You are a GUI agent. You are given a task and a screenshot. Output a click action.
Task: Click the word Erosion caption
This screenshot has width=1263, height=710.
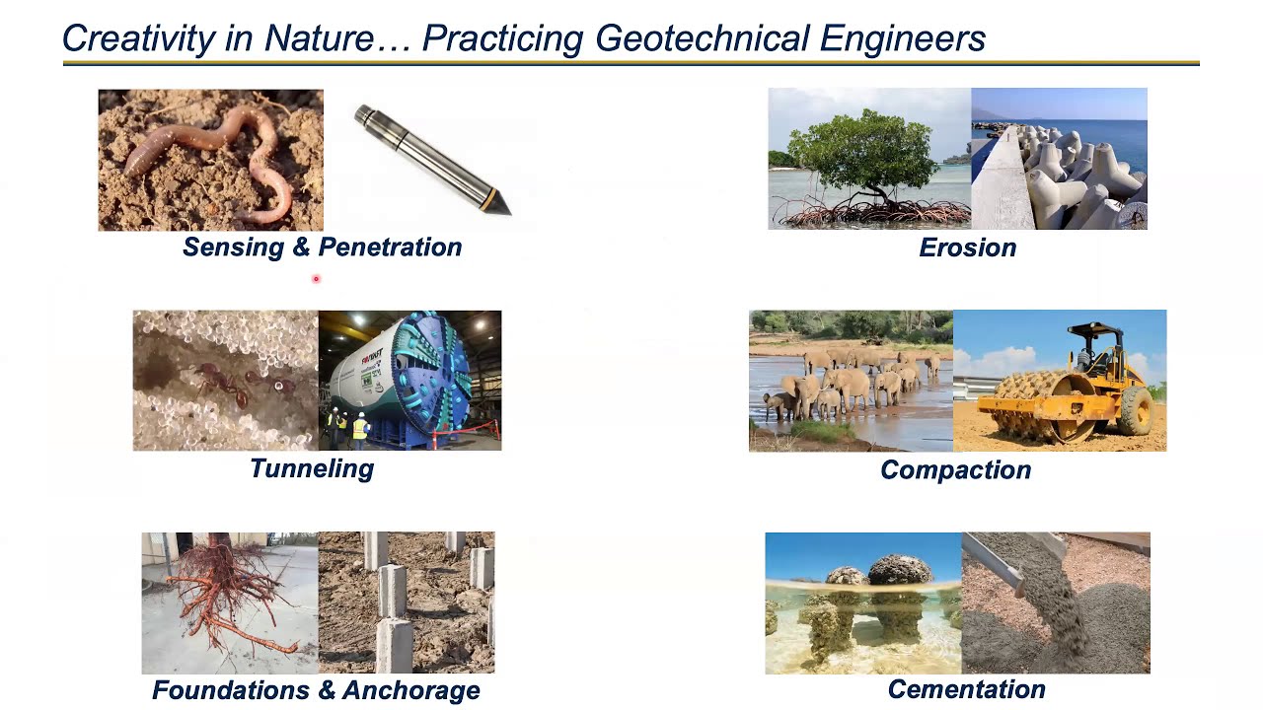[x=967, y=248]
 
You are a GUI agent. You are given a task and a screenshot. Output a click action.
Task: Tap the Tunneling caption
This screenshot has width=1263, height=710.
[x=312, y=468]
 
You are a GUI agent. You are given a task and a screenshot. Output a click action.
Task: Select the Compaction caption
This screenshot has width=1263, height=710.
[x=955, y=469]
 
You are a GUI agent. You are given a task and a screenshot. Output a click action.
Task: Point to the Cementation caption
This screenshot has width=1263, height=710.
[x=966, y=689]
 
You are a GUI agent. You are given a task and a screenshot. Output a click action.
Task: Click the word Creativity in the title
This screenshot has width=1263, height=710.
[x=138, y=38]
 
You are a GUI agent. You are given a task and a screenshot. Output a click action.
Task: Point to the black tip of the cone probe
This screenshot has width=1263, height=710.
[x=499, y=204]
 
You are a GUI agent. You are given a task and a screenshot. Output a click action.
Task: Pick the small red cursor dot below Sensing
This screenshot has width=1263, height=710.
[x=316, y=279]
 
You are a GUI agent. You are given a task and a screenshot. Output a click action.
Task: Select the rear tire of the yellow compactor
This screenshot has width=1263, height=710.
[x=1134, y=409]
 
